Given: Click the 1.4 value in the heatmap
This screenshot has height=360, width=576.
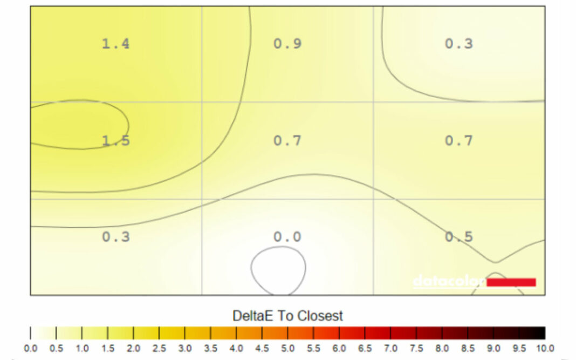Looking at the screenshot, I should pos(115,44).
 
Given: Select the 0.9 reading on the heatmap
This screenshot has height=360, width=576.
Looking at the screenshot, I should pos(287,44).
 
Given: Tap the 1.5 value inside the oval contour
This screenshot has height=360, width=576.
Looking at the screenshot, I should pos(115,141).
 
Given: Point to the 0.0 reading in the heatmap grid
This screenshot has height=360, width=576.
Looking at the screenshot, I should pos(287,237).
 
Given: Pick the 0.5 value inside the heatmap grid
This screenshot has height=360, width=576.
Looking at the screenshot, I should pos(458,237).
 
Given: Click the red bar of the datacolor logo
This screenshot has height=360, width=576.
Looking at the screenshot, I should pos(511,282).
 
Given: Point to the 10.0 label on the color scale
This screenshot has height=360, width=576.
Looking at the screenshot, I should pos(544,349).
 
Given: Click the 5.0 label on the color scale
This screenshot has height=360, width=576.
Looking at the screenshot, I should pos(287,349).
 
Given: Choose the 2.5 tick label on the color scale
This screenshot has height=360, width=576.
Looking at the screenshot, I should pos(159,349).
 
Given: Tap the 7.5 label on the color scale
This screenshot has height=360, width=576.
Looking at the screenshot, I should pos(416,349).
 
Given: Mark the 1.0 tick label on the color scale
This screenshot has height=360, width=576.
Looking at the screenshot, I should pos(82,349).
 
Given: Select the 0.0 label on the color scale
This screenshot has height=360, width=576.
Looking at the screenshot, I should pos(31,349).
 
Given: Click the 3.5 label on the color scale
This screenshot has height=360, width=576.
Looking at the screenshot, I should pos(210,349).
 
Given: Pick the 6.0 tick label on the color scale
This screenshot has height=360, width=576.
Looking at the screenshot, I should pos(339,349).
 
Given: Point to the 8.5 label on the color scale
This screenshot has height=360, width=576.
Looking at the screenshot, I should pos(468,349).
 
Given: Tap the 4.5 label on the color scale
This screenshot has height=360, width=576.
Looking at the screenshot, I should pos(262,349).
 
